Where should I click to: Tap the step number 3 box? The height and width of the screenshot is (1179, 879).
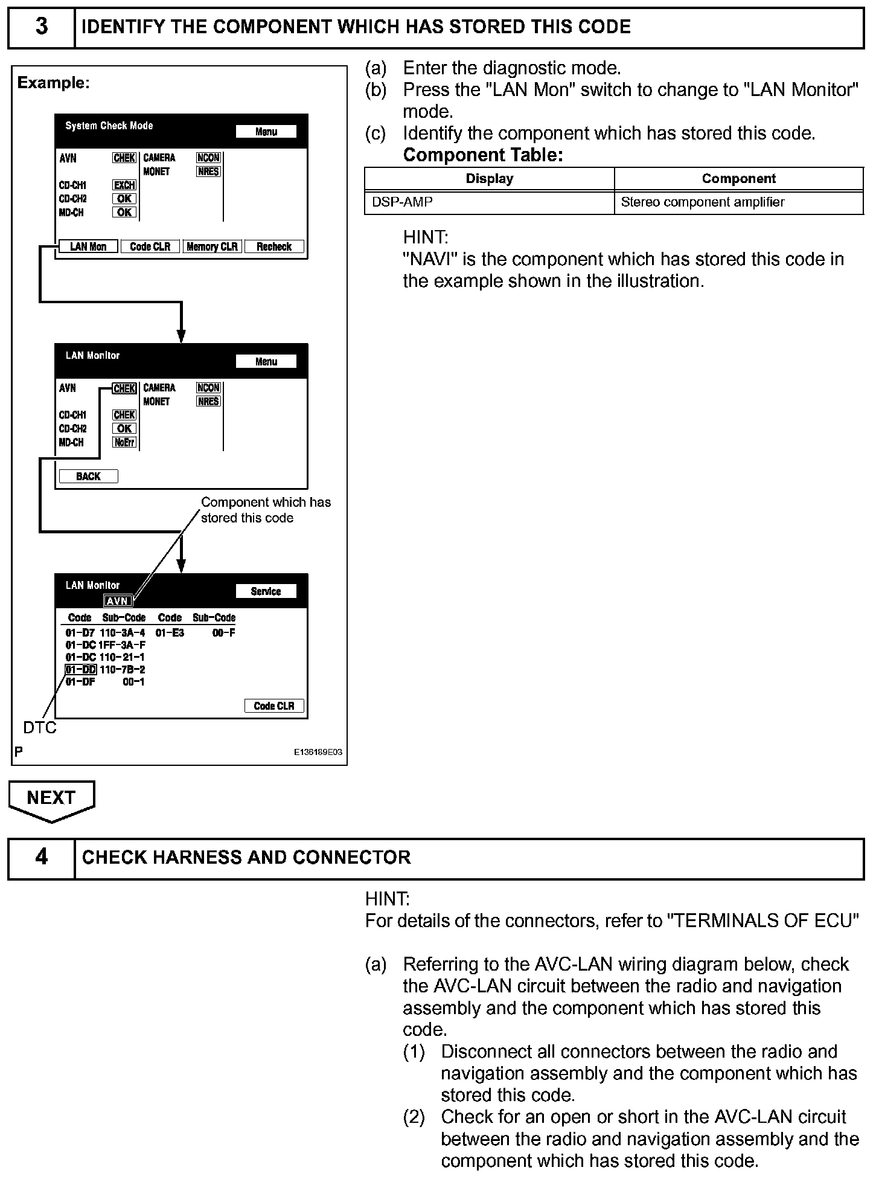[x=41, y=27]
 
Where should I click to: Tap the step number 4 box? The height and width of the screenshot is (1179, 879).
[x=41, y=858]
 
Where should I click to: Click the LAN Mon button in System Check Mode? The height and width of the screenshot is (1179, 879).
[x=88, y=246]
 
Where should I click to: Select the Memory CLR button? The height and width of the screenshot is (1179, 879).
[x=212, y=246]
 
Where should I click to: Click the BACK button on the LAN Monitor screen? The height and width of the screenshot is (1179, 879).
[x=88, y=477]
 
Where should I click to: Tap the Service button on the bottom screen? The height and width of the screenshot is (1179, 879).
[x=266, y=591]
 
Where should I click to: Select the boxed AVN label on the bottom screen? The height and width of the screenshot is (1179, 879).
[x=117, y=601]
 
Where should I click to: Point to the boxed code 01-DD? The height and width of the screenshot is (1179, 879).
[x=81, y=669]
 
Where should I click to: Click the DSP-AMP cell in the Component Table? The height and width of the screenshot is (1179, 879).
[x=489, y=202]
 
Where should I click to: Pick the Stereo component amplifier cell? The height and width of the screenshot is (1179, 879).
[x=738, y=202]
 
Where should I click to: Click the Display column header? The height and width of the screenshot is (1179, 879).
[x=489, y=179]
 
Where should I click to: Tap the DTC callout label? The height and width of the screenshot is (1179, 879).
[x=40, y=728]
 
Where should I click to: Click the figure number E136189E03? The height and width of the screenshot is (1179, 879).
[x=318, y=753]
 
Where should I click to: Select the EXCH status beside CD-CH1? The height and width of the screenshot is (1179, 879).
[x=124, y=185]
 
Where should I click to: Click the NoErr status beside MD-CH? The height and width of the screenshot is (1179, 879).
[x=124, y=442]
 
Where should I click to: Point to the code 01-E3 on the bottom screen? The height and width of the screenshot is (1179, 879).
[x=170, y=633]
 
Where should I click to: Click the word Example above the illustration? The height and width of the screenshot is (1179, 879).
[x=53, y=83]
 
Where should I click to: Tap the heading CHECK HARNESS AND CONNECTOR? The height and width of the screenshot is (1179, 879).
[x=246, y=858]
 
